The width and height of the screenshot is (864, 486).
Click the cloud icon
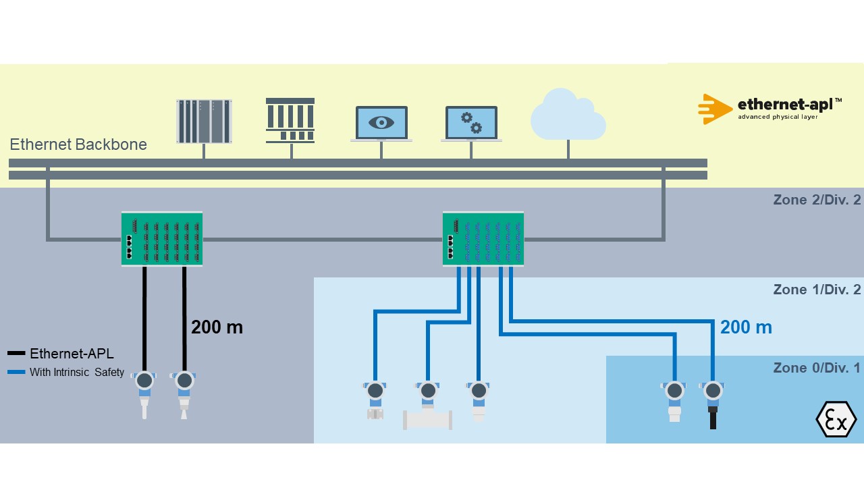pos(568,116)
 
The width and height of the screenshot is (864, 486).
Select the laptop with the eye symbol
pos(381,124)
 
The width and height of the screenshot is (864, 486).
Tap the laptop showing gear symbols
pos(471,124)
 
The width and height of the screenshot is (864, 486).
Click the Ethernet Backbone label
pos(78,144)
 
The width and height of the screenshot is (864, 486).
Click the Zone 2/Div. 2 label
pos(817,200)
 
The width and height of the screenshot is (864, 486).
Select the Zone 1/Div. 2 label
pos(817,290)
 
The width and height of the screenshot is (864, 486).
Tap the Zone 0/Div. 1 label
pos(817,368)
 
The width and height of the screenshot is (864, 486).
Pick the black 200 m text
pos(217,327)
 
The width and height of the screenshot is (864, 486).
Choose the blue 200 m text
pos(746,327)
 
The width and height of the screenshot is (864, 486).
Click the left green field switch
pos(162,239)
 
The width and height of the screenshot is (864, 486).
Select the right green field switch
pos(483,239)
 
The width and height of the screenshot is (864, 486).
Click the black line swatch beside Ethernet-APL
pos(16,354)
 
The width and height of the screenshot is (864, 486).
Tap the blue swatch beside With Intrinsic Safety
pos(16,372)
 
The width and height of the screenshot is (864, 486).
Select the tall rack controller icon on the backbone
pos(204,122)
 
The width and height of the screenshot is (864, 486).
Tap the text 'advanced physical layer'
pos(778,117)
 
